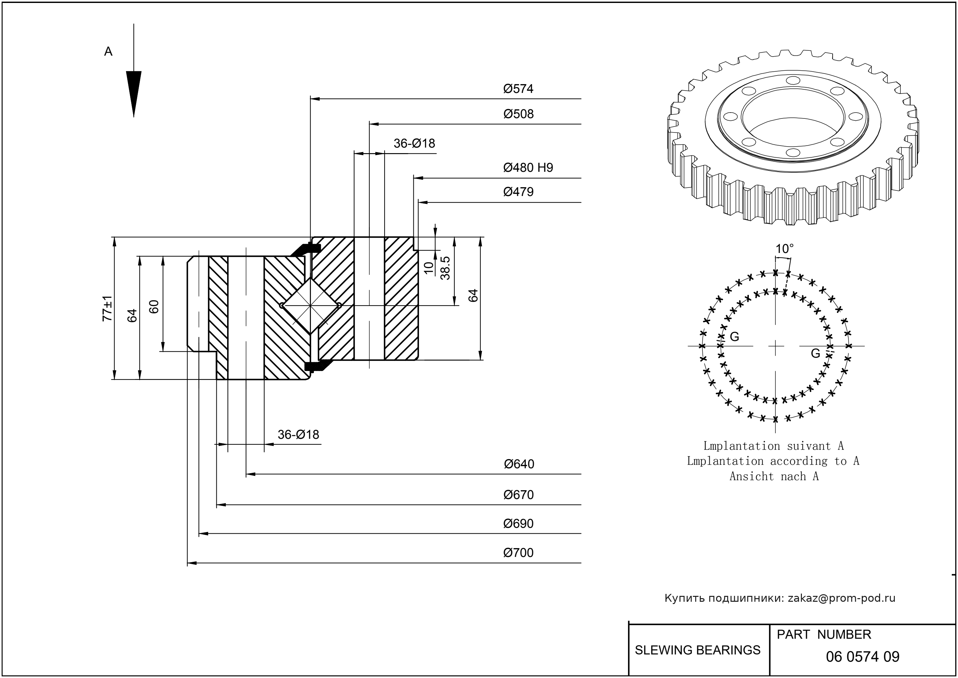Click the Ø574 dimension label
coord(518,88)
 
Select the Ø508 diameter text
coord(518,114)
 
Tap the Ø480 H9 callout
coord(528,168)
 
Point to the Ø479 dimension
coord(518,192)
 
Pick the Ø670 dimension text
coord(518,495)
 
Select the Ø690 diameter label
coord(518,524)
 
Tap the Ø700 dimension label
coord(518,553)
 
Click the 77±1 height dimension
coord(107,308)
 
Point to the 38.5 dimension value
coord(445,268)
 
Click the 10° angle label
coord(784,249)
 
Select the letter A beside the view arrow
coord(108,51)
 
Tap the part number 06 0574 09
coord(862,657)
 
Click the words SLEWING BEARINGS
coord(697,650)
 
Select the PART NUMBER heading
coord(823,634)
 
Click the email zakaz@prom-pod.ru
coord(841,598)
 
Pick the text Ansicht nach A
coord(774,476)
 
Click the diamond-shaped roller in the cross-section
coord(310,306)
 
